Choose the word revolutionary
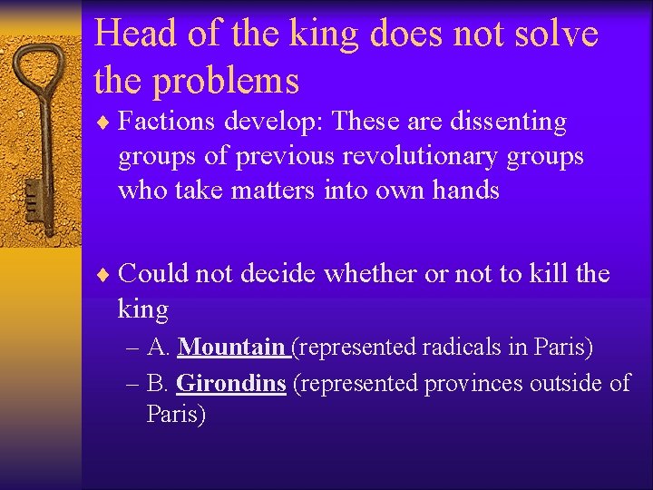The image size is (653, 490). coord(410,156)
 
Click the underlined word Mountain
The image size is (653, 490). coord(231,347)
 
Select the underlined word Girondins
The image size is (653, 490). coord(231,384)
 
